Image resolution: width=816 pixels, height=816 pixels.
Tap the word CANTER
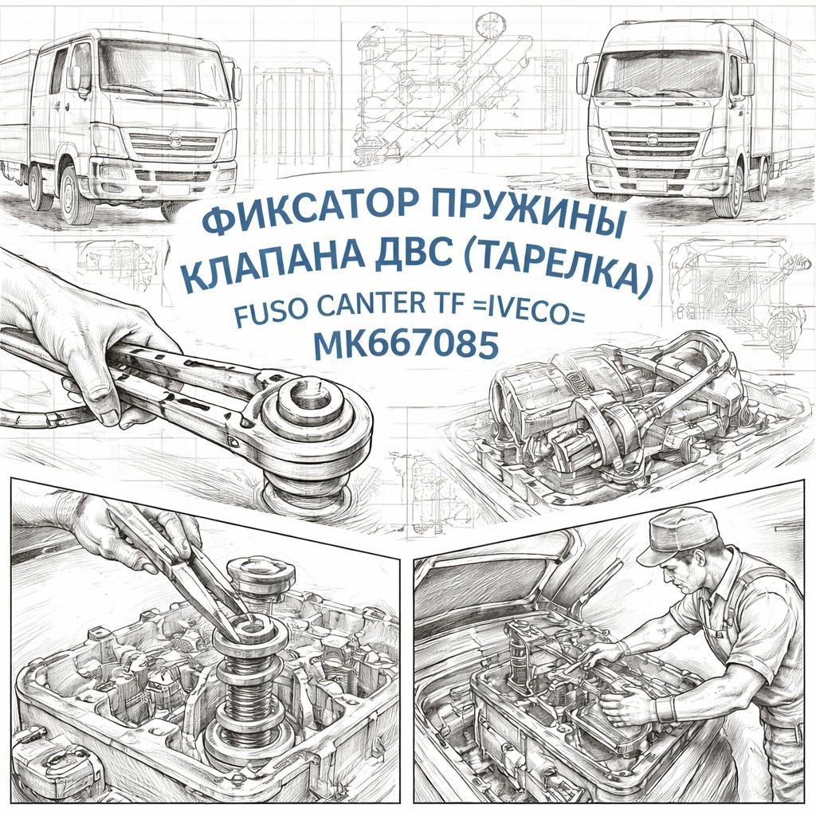click(x=372, y=304)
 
